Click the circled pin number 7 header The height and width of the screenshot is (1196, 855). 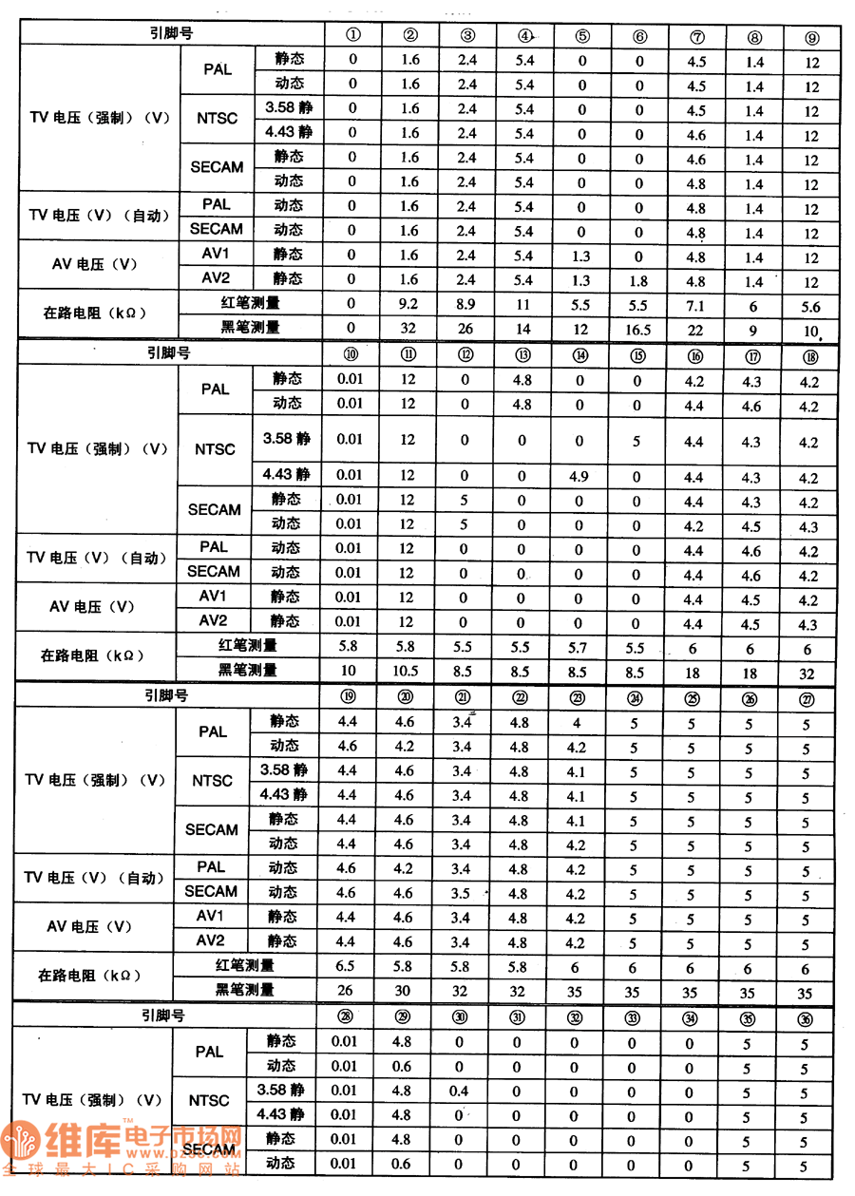coord(697,37)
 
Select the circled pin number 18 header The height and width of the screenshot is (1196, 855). coord(808,357)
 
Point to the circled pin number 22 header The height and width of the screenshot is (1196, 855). coord(519,697)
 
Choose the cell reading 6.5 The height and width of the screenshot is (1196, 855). coord(348,967)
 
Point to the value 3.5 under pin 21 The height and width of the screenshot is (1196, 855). coord(462,894)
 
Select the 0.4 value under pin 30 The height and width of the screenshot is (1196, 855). coord(459,1092)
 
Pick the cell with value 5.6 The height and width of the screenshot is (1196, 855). coord(811,307)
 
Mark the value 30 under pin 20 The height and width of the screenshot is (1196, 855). coord(404,992)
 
